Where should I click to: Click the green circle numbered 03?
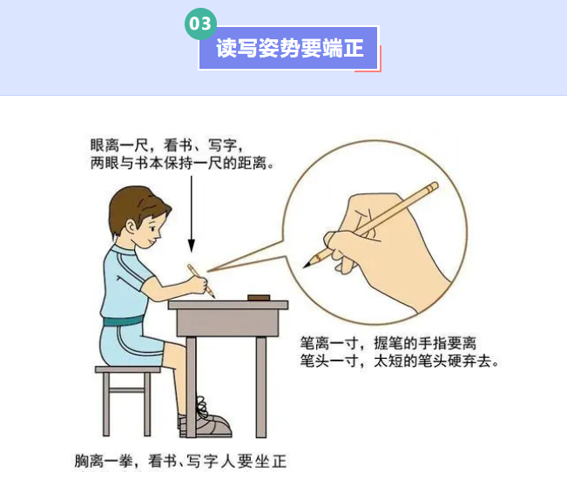tap(200, 24)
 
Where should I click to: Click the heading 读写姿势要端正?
tap(290, 48)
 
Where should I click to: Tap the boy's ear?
tap(132, 227)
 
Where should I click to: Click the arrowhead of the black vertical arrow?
tap(192, 246)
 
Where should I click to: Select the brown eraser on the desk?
tap(259, 298)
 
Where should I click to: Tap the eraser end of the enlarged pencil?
tap(433, 187)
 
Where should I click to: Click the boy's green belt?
tap(123, 321)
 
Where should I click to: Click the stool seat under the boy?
tap(128, 369)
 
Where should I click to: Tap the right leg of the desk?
tap(261, 387)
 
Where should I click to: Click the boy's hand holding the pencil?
tap(199, 284)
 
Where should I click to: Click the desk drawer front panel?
tap(228, 322)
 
